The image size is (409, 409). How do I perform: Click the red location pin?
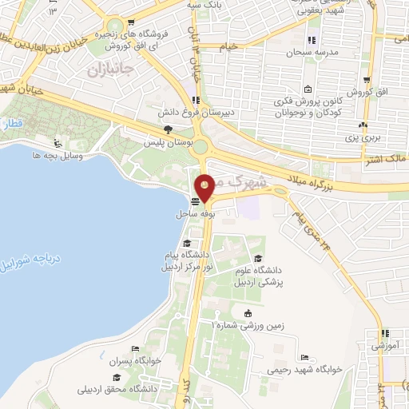tap(205, 187)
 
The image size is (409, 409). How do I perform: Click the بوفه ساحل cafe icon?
tap(196, 201)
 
